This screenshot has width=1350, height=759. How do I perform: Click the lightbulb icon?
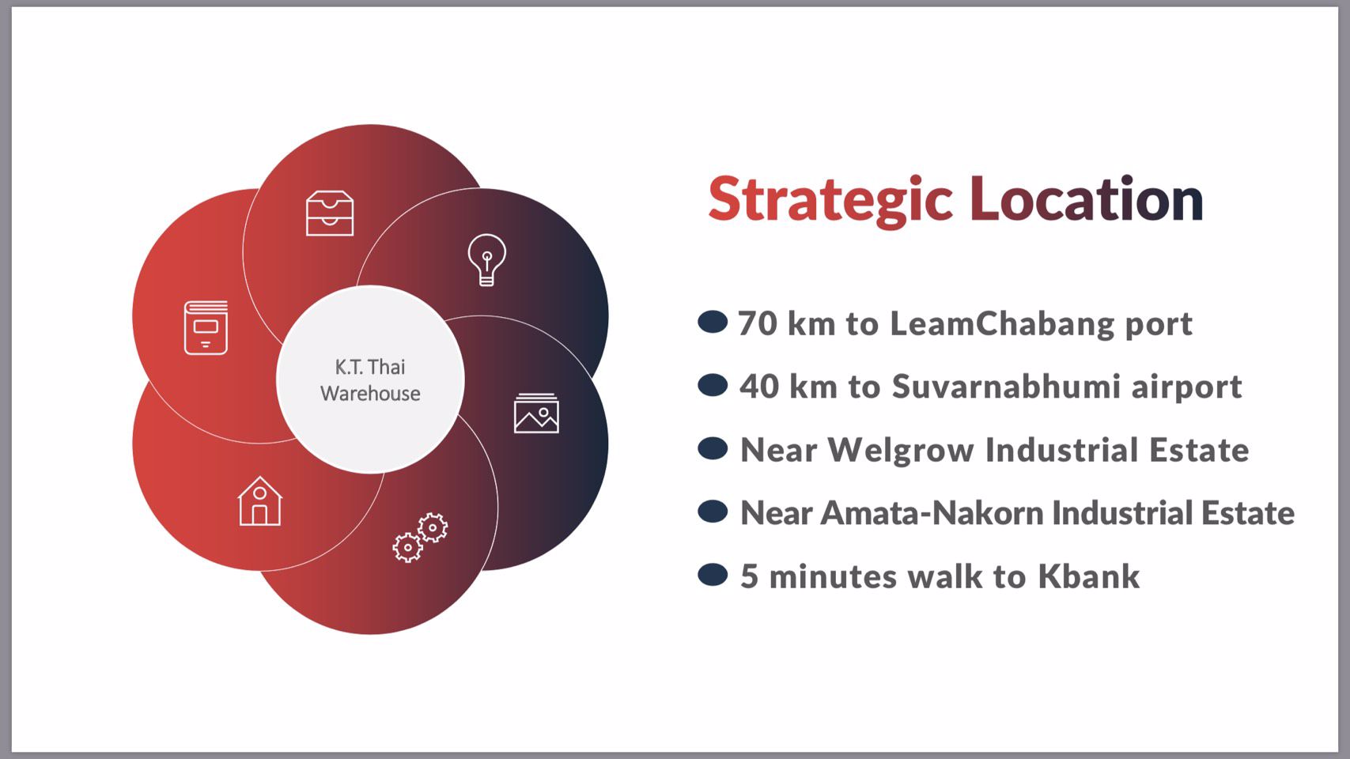click(487, 259)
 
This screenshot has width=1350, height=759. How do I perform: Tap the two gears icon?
click(420, 538)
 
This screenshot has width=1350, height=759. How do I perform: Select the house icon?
click(259, 501)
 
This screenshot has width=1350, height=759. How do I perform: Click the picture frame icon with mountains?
click(536, 413)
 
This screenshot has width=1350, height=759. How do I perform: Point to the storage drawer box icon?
click(330, 213)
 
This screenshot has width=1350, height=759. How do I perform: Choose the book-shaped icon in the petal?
click(206, 327)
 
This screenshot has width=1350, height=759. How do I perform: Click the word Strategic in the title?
click(830, 201)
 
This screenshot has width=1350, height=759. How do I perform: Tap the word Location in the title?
click(1086, 198)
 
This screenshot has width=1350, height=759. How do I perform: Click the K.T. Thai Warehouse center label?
click(370, 380)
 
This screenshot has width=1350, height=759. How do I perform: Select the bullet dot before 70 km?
click(713, 322)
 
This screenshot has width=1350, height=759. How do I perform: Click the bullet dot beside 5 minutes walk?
click(713, 574)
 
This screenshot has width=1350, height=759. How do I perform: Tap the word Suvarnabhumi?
click(1007, 386)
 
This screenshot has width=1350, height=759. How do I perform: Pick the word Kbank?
click(1088, 576)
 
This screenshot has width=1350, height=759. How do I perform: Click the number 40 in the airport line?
click(758, 386)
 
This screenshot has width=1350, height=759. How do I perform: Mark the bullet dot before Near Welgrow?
click(713, 448)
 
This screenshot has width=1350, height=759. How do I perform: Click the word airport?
click(1186, 387)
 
